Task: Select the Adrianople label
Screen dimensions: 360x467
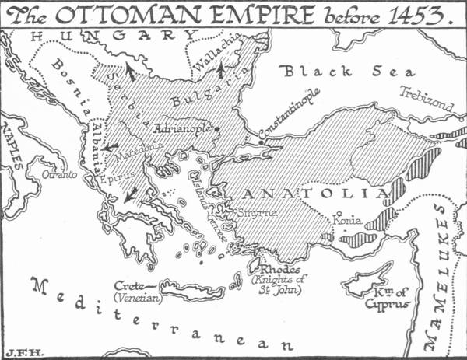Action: tap(184, 127)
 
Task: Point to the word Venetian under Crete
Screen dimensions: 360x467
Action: tap(136, 297)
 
